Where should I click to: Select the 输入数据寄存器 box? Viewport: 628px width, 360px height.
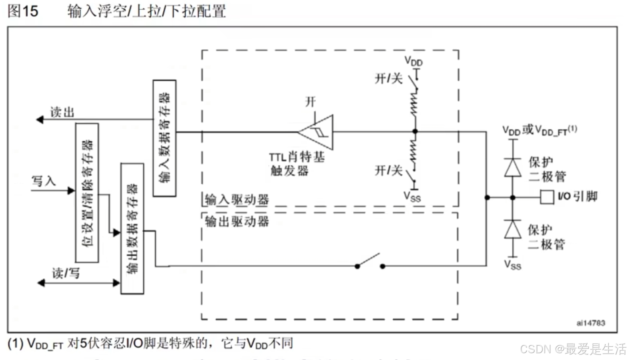point(165,138)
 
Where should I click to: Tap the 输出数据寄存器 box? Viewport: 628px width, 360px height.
point(132,229)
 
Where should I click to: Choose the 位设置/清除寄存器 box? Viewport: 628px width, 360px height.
point(87,193)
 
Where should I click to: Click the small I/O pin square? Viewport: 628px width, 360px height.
point(547,197)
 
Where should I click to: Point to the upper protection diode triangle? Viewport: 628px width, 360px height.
point(513,167)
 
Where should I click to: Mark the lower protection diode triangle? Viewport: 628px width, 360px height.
point(513,229)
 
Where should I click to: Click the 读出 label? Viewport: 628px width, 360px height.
point(62,112)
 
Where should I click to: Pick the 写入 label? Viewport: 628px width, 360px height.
point(44,181)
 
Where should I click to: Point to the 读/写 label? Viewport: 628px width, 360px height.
point(66,273)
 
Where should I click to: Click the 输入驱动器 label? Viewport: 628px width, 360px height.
point(237,199)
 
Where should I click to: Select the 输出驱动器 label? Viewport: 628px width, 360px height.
point(237,221)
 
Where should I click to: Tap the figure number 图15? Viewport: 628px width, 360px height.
point(23,11)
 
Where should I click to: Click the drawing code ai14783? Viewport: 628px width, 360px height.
point(590,323)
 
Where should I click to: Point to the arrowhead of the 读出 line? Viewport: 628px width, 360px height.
point(40,119)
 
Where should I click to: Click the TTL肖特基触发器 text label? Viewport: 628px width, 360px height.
point(296,163)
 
